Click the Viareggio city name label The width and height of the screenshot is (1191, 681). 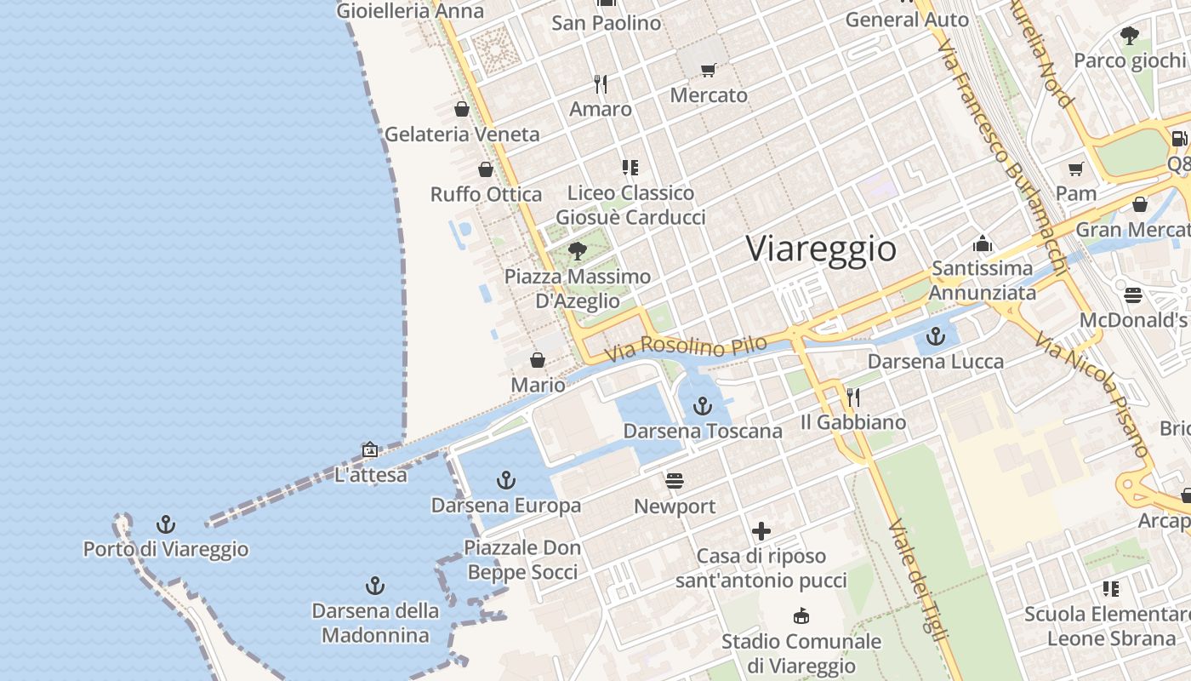pos(821,249)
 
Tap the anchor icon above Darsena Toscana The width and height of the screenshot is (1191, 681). pos(702,406)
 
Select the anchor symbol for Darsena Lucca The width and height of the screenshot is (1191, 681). pos(936,336)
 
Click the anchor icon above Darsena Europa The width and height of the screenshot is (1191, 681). pos(506,480)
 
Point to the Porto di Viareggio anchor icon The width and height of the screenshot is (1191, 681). pos(166,524)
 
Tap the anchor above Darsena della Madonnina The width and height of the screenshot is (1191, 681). pos(374,586)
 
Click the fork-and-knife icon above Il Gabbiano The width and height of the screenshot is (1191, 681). pos(853,397)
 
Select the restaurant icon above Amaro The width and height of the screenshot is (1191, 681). pos(601,83)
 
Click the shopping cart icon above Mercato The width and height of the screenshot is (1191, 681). pos(709,70)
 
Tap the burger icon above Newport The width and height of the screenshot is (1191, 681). pos(675,481)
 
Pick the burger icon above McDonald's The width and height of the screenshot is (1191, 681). pos(1132,295)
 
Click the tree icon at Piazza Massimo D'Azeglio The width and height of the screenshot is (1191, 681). pos(578,250)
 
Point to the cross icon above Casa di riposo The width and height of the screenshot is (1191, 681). pos(761,532)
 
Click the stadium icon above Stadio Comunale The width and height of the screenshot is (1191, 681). pos(801,615)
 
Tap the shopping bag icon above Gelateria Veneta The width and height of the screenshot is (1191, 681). pos(462,109)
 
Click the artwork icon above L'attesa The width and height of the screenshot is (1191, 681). pos(370,449)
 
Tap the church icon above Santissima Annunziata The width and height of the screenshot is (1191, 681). pos(983,244)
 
